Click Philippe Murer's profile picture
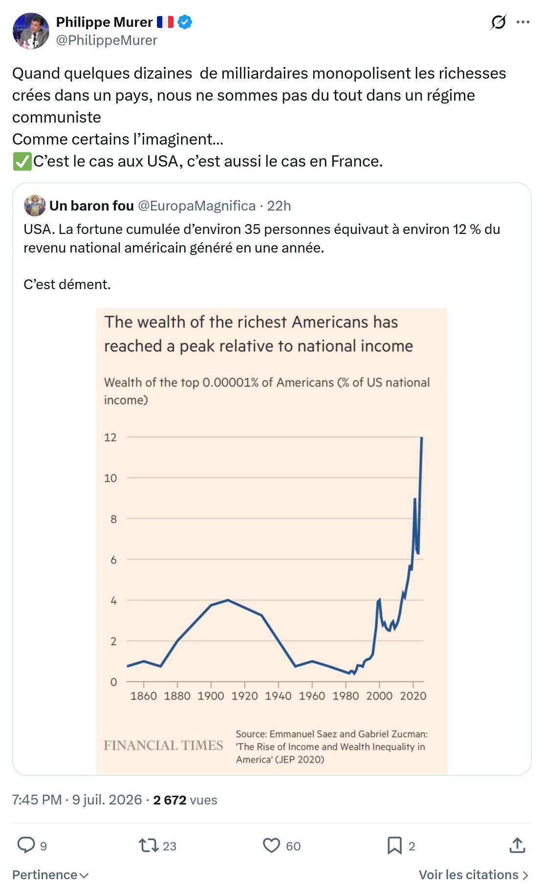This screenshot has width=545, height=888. click(x=31, y=31)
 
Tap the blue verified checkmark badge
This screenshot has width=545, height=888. click(x=185, y=22)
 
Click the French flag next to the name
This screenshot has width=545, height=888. click(x=165, y=22)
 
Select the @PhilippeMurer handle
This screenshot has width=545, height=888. click(x=107, y=40)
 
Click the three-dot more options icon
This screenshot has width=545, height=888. click(x=523, y=22)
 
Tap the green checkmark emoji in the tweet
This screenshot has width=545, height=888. click(x=22, y=161)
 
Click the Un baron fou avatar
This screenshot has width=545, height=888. click(x=35, y=206)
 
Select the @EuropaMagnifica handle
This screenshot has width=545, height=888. click(x=197, y=206)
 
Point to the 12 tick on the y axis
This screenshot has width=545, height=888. click(x=110, y=437)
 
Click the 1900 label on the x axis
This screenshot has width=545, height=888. click(x=211, y=696)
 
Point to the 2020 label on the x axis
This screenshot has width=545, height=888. click(x=413, y=696)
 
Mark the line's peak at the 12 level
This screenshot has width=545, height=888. click(x=421, y=438)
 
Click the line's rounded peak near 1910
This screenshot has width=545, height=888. click(x=228, y=600)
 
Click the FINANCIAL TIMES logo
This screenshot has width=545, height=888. click(x=163, y=745)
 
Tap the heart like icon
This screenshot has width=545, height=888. click(x=271, y=846)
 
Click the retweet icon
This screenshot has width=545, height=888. click(x=148, y=846)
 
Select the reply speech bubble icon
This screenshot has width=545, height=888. click(x=26, y=845)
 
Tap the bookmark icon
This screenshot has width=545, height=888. click(x=394, y=846)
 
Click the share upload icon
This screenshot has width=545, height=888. click(x=517, y=845)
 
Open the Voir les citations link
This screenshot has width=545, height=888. click(x=474, y=875)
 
